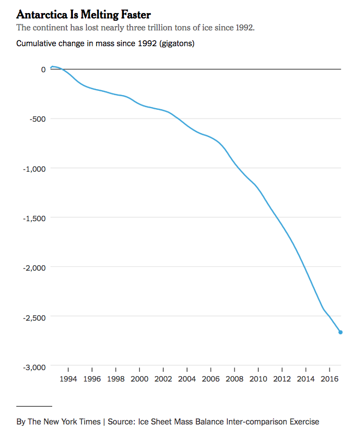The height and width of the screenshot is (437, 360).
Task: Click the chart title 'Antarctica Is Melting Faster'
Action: pyautogui.click(x=83, y=14)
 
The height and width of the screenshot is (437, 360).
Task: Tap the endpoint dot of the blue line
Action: pyautogui.click(x=340, y=332)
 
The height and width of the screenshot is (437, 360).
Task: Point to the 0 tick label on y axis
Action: pyautogui.click(x=43, y=69)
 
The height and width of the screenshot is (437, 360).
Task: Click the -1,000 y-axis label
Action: pyautogui.click(x=34, y=168)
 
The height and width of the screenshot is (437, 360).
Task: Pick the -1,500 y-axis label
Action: pyautogui.click(x=34, y=217)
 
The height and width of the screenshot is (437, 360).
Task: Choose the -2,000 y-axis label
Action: pyautogui.click(x=34, y=267)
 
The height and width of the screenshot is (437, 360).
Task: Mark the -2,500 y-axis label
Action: pyautogui.click(x=34, y=316)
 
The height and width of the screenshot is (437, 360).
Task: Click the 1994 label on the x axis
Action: pyautogui.click(x=69, y=379)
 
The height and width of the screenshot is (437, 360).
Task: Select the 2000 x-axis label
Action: pyautogui.click(x=140, y=379)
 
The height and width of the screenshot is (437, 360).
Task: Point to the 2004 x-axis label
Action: pyautogui.click(x=187, y=379)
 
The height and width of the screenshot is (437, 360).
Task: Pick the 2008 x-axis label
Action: pyautogui.click(x=234, y=379)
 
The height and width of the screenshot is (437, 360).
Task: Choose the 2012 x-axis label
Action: pyautogui.click(x=282, y=379)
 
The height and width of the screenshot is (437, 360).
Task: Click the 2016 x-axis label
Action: pyautogui.click(x=329, y=379)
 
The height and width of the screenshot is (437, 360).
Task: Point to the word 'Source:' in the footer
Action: pyautogui.click(x=122, y=421)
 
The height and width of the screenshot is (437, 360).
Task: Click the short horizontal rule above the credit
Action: pyautogui.click(x=34, y=406)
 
